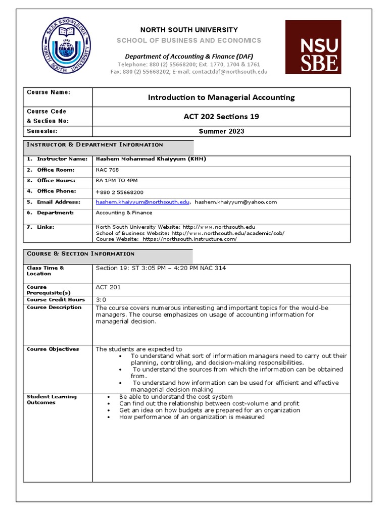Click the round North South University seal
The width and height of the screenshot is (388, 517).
pyautogui.click(x=67, y=46)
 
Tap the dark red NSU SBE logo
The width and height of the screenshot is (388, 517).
pyautogui.click(x=313, y=47)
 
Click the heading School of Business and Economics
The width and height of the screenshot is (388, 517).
pyautogui.click(x=189, y=40)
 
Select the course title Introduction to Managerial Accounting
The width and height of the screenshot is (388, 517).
pyautogui.click(x=221, y=97)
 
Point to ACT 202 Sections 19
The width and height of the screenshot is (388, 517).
pyautogui.click(x=221, y=117)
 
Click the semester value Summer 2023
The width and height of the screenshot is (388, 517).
pyautogui.click(x=221, y=131)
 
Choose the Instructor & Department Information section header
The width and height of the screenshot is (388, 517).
pyautogui.click(x=95, y=145)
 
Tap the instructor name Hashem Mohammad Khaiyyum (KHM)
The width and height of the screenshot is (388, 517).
pyautogui.click(x=151, y=159)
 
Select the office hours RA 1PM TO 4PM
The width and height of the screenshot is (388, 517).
pyautogui.click(x=116, y=181)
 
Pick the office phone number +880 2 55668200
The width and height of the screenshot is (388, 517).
pyautogui.click(x=119, y=192)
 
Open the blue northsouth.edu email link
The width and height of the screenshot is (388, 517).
pyautogui.click(x=142, y=202)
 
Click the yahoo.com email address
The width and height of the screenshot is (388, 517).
pyautogui.click(x=236, y=202)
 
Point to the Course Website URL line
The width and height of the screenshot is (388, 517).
pyautogui.click(x=166, y=239)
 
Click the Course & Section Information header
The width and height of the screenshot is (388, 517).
pyautogui.click(x=81, y=254)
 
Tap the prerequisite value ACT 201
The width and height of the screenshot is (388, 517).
pyautogui.click(x=108, y=287)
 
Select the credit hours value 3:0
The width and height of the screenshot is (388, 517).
pyautogui.click(x=101, y=300)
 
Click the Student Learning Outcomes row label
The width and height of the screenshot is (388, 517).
pyautogui.click(x=52, y=399)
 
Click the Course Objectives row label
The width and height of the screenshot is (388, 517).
pyautogui.click(x=53, y=349)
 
